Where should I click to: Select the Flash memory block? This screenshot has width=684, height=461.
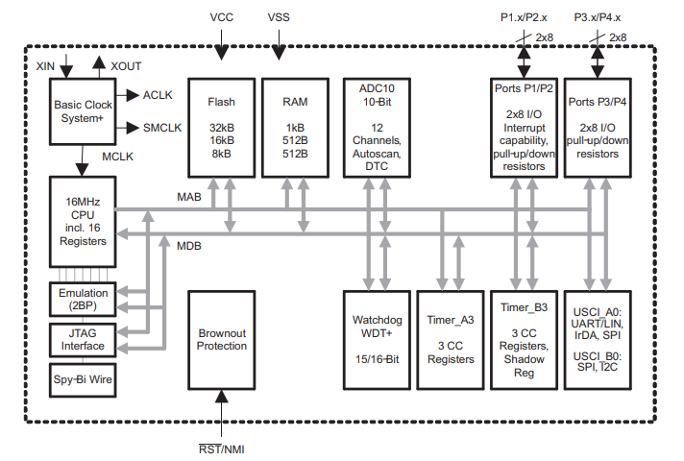pyautogui.click(x=221, y=126)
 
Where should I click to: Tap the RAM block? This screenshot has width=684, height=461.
pyautogui.click(x=295, y=126)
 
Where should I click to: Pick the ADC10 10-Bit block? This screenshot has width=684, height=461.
pyautogui.click(x=369, y=126)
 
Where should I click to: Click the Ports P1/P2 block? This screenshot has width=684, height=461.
pyautogui.click(x=524, y=126)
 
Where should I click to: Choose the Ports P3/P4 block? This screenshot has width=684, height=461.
pyautogui.click(x=598, y=126)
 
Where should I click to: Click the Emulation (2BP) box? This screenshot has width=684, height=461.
pyautogui.click(x=83, y=299)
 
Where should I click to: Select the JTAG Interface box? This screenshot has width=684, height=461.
pyautogui.click(x=83, y=338)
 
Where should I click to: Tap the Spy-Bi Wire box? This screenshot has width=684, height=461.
pyautogui.click(x=83, y=379)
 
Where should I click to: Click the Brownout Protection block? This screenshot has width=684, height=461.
pyautogui.click(x=221, y=339)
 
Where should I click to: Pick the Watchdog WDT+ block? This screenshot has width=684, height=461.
pyautogui.click(x=369, y=339)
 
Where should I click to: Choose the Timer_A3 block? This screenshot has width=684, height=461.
pyautogui.click(x=450, y=339)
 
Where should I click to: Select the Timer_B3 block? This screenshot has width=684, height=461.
pyautogui.click(x=524, y=339)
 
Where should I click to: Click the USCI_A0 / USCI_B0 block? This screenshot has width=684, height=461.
pyautogui.click(x=598, y=339)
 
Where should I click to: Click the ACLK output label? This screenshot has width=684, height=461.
pyautogui.click(x=159, y=95)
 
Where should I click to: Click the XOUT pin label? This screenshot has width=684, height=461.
pyautogui.click(x=127, y=64)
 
